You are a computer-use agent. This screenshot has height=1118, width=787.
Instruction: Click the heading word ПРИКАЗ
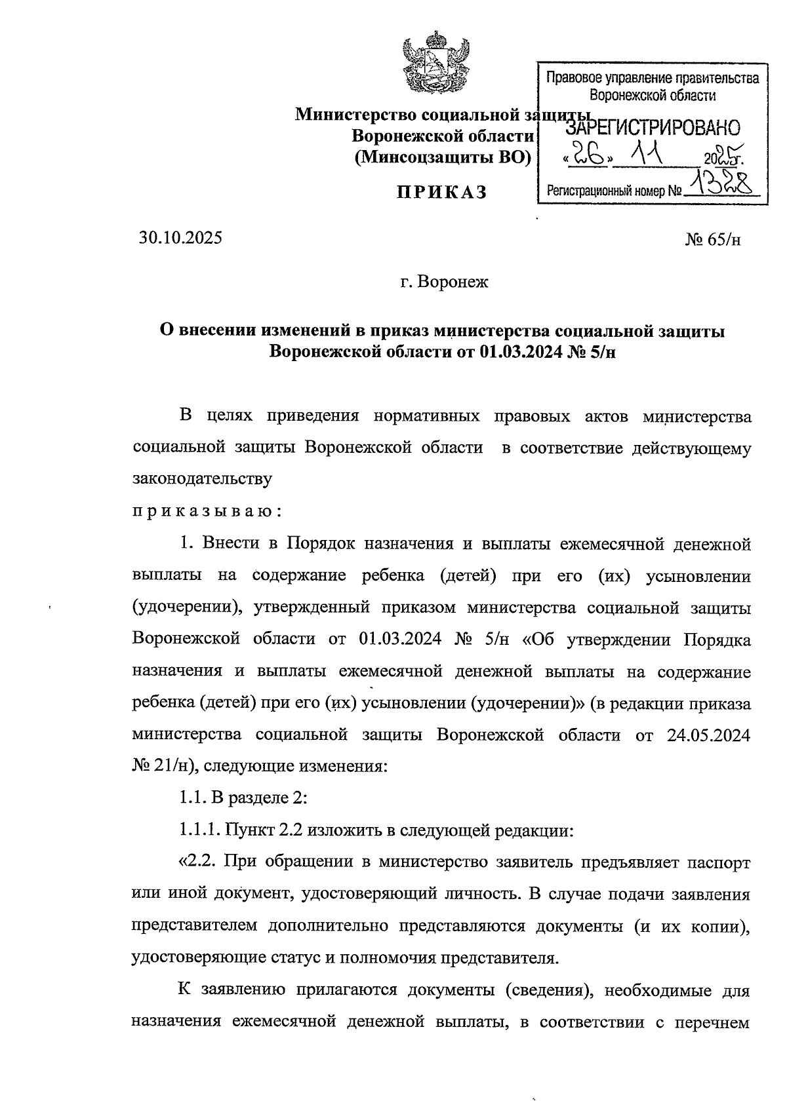coord(441,192)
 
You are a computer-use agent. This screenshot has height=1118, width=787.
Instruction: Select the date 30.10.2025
coord(180,238)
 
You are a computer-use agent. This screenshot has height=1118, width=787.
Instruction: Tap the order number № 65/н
coord(714,239)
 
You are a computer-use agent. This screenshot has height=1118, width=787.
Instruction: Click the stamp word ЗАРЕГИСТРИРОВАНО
coord(653,128)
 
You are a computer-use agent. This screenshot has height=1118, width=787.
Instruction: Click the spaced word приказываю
coord(207,511)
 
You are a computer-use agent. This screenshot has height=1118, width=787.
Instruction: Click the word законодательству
coord(202,479)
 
